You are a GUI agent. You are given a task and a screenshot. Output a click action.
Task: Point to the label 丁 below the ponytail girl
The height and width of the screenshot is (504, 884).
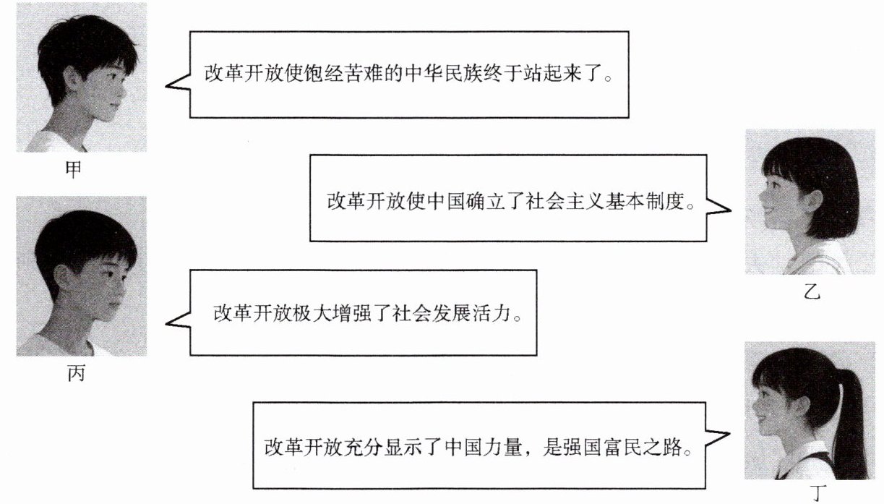pyautogui.click(x=818, y=495)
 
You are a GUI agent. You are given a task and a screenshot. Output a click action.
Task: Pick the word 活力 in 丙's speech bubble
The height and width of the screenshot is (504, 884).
pyautogui.click(x=493, y=315)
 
